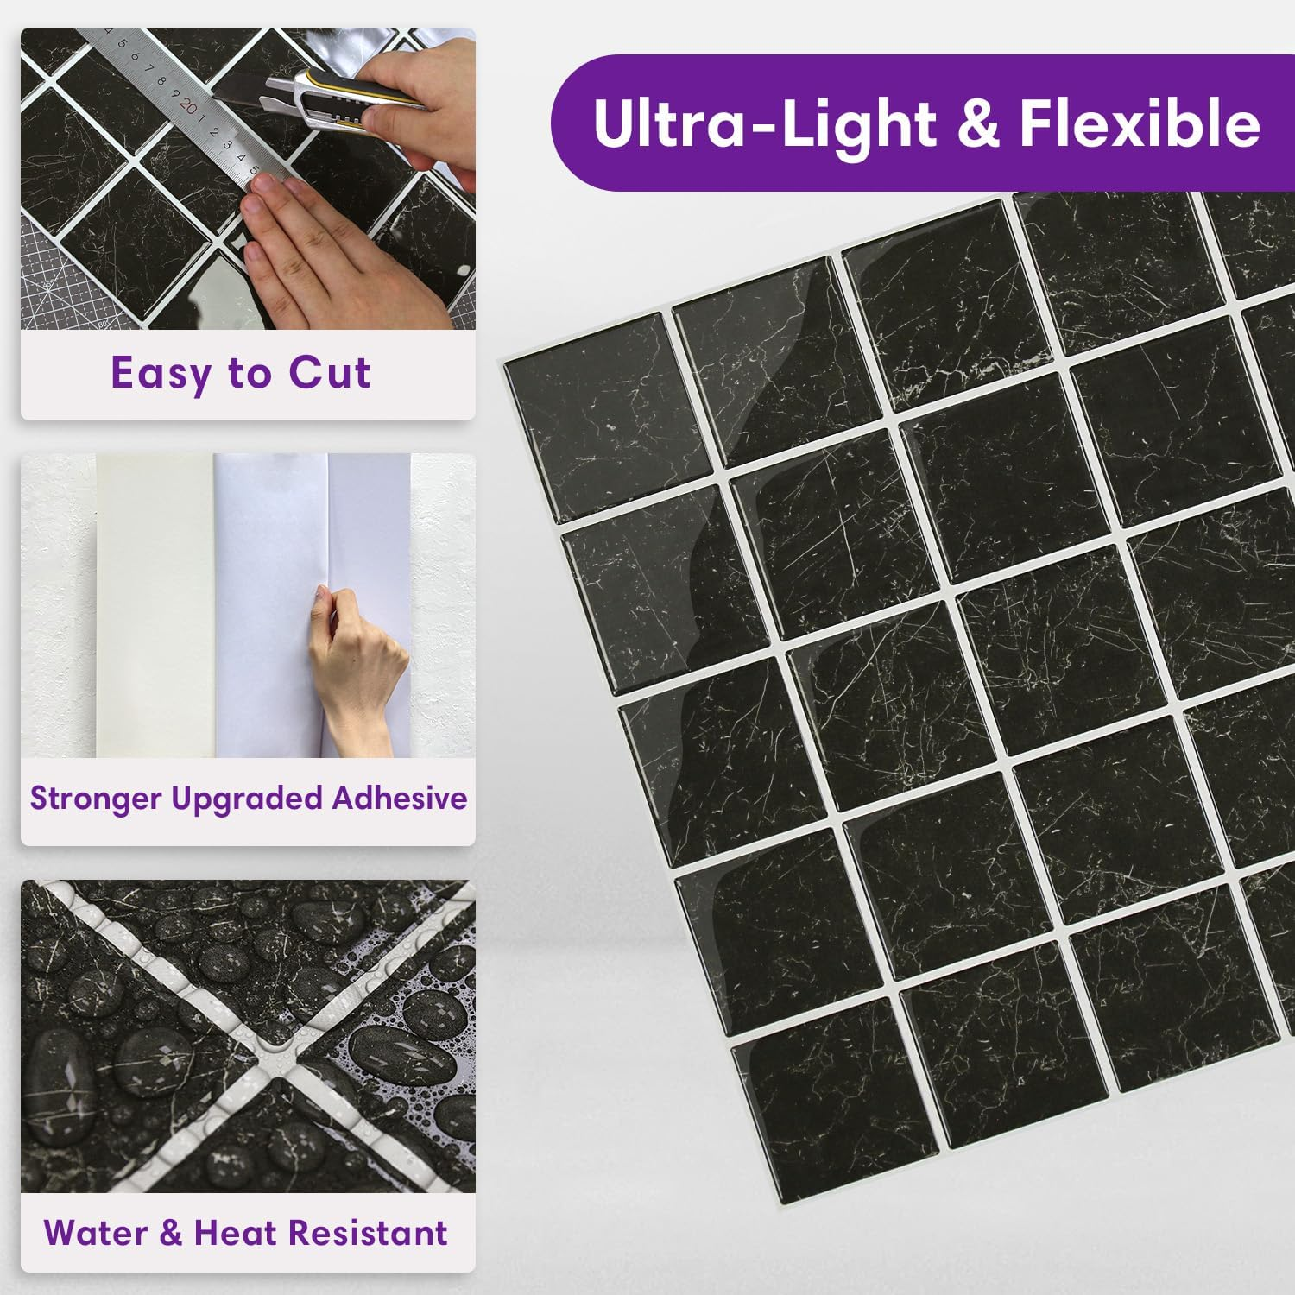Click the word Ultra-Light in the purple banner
[765, 123]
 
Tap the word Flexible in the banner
[1140, 123]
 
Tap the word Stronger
[96, 799]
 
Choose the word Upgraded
[247, 799]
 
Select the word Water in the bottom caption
[96, 1233]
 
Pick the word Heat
[234, 1233]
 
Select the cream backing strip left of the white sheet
[155, 604]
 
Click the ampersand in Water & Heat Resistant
[170, 1233]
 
